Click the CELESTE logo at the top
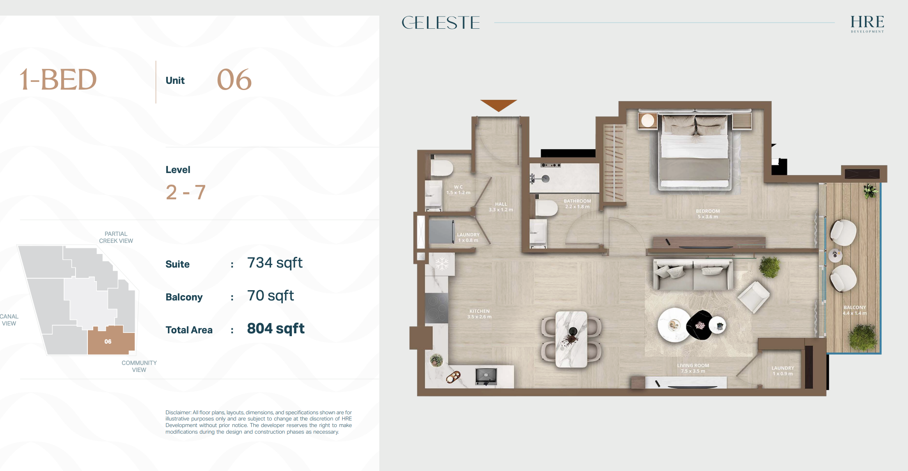point(440,23)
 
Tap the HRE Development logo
point(867,24)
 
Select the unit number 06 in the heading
point(234,80)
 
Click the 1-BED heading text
point(58,80)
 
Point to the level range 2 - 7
point(186,192)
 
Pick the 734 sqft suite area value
point(275,263)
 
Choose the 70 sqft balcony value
point(271,296)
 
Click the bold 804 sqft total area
point(276,329)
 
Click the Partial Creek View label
point(116,237)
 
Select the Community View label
point(139,366)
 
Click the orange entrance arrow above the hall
point(499,105)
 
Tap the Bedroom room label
point(708,214)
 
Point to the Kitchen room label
point(479,314)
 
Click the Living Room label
point(693,368)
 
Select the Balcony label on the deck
point(855,310)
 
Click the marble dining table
point(571,339)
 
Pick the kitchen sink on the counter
point(486,376)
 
